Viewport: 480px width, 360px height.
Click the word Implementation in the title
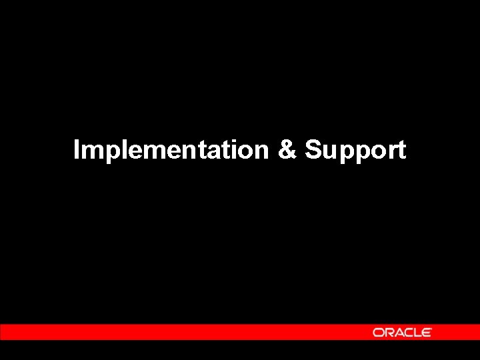(170, 150)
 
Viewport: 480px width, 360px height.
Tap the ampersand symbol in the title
(287, 150)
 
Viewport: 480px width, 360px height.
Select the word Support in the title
(355, 151)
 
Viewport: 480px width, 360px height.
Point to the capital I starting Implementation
(77, 150)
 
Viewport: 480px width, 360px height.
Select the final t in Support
(401, 151)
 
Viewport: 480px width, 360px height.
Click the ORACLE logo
(402, 332)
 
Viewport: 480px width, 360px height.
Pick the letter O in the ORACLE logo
(378, 332)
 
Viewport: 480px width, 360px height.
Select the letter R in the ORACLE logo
(388, 332)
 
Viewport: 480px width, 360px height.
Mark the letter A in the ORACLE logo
(398, 332)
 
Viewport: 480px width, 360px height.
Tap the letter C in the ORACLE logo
(407, 332)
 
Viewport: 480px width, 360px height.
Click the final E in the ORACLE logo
(426, 332)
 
